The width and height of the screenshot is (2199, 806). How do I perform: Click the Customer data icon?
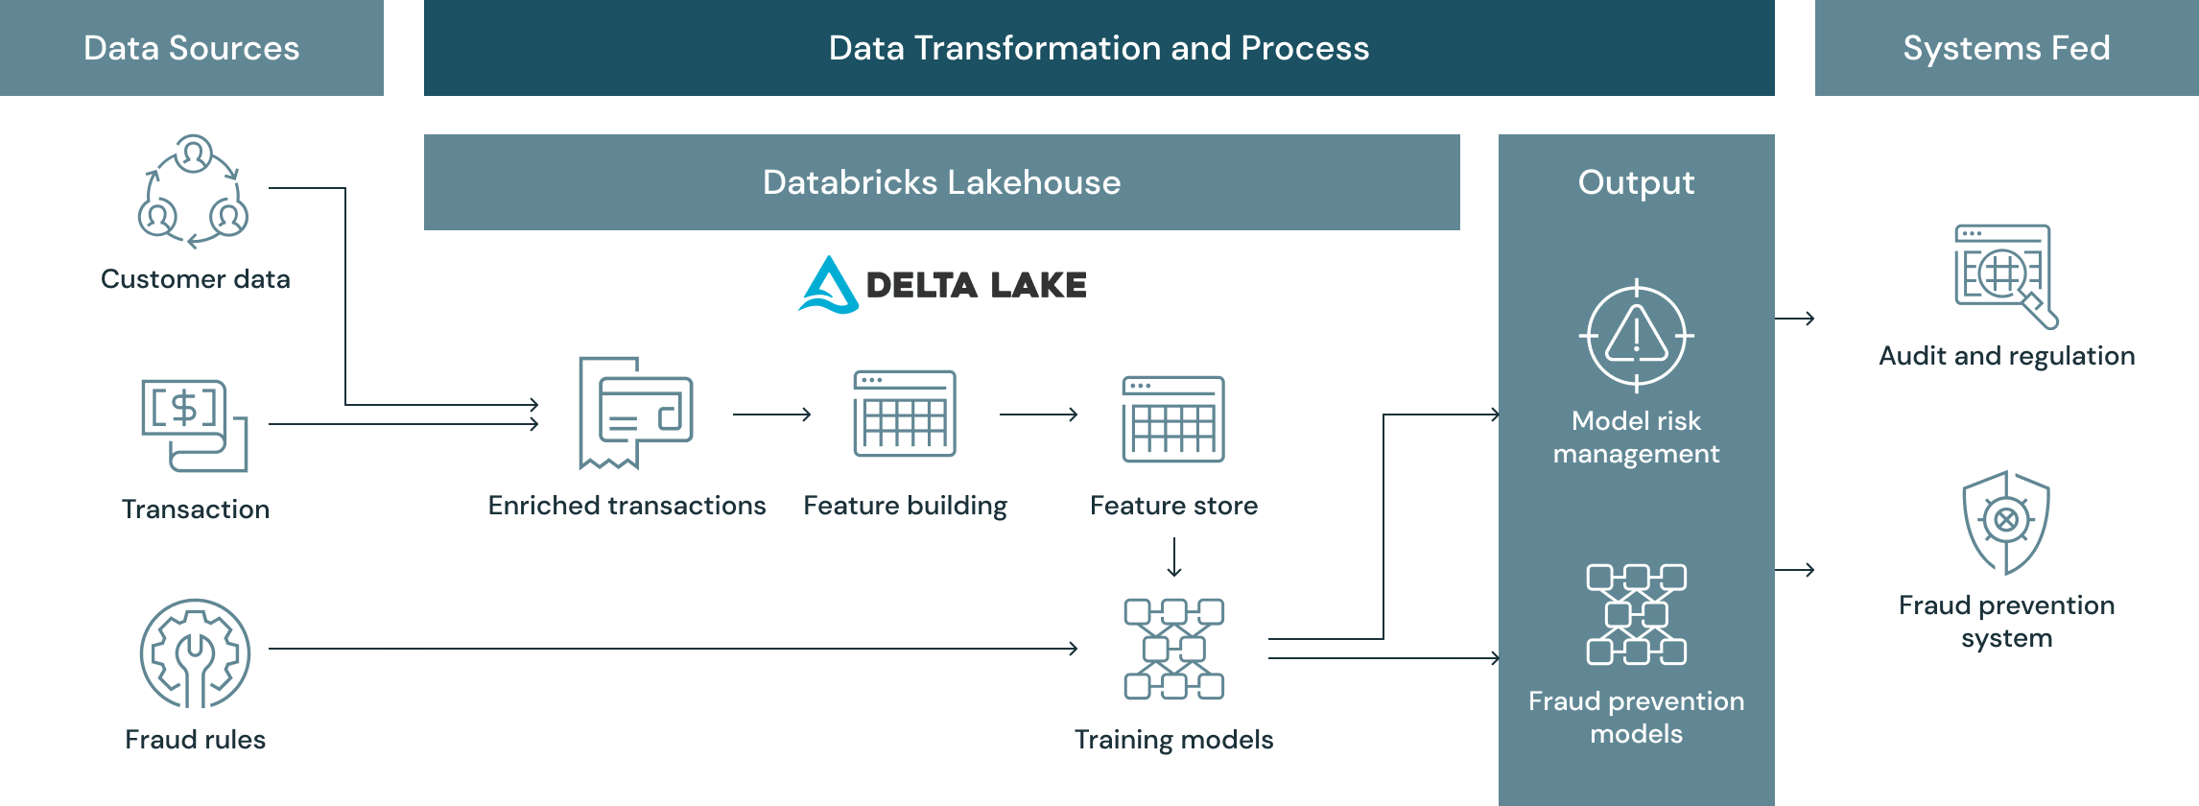[x=193, y=191]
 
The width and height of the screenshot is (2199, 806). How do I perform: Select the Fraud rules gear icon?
[x=195, y=653]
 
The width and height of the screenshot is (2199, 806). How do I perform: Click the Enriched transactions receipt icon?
[x=634, y=414]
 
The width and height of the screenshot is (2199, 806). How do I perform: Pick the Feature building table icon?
[x=905, y=414]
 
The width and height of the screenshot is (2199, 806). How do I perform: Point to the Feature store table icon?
[x=1173, y=419]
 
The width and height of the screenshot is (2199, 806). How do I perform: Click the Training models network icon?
[x=1173, y=649]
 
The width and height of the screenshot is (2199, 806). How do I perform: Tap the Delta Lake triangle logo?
[x=828, y=285]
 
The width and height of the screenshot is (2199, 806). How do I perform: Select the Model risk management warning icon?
[x=1636, y=336]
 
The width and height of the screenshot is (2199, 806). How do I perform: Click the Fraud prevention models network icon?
[x=1636, y=614]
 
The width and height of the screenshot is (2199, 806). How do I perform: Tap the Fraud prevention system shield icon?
[x=2006, y=522]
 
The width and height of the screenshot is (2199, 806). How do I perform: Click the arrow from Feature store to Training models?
[x=1173, y=557]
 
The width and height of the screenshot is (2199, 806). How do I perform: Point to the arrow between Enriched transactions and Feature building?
[x=771, y=415]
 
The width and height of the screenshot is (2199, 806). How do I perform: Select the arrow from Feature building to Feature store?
[x=1038, y=415]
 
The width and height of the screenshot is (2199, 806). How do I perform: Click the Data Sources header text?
[x=191, y=48]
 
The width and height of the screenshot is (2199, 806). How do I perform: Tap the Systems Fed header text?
[x=2006, y=48]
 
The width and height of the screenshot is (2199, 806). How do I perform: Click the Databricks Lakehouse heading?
[x=941, y=182]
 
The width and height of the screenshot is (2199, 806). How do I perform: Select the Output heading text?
[x=1636, y=182]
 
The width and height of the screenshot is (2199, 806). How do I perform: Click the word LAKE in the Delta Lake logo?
[x=1038, y=285]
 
